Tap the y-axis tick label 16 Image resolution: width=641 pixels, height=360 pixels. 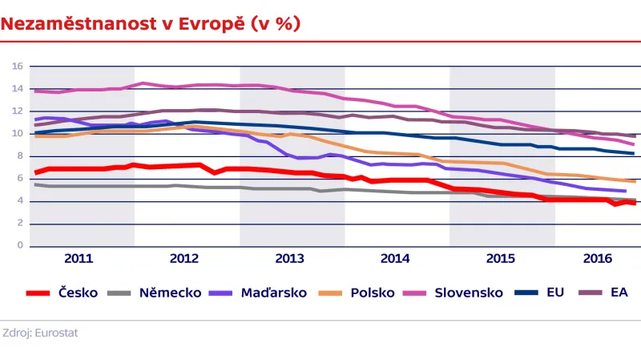[17, 67]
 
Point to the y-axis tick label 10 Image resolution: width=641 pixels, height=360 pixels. [17, 134]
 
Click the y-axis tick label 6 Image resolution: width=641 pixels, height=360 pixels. [19, 179]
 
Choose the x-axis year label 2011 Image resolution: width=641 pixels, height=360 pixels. [79, 259]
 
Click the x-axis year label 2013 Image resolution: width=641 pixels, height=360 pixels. [289, 259]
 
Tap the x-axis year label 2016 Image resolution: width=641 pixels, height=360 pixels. [597, 259]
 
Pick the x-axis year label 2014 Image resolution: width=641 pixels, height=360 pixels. [395, 259]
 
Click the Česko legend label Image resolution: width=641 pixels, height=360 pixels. [79, 293]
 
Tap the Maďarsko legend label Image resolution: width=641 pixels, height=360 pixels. [274, 293]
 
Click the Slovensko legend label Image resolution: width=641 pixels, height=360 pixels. [469, 293]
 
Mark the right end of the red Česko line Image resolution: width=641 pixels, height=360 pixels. [635, 203]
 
